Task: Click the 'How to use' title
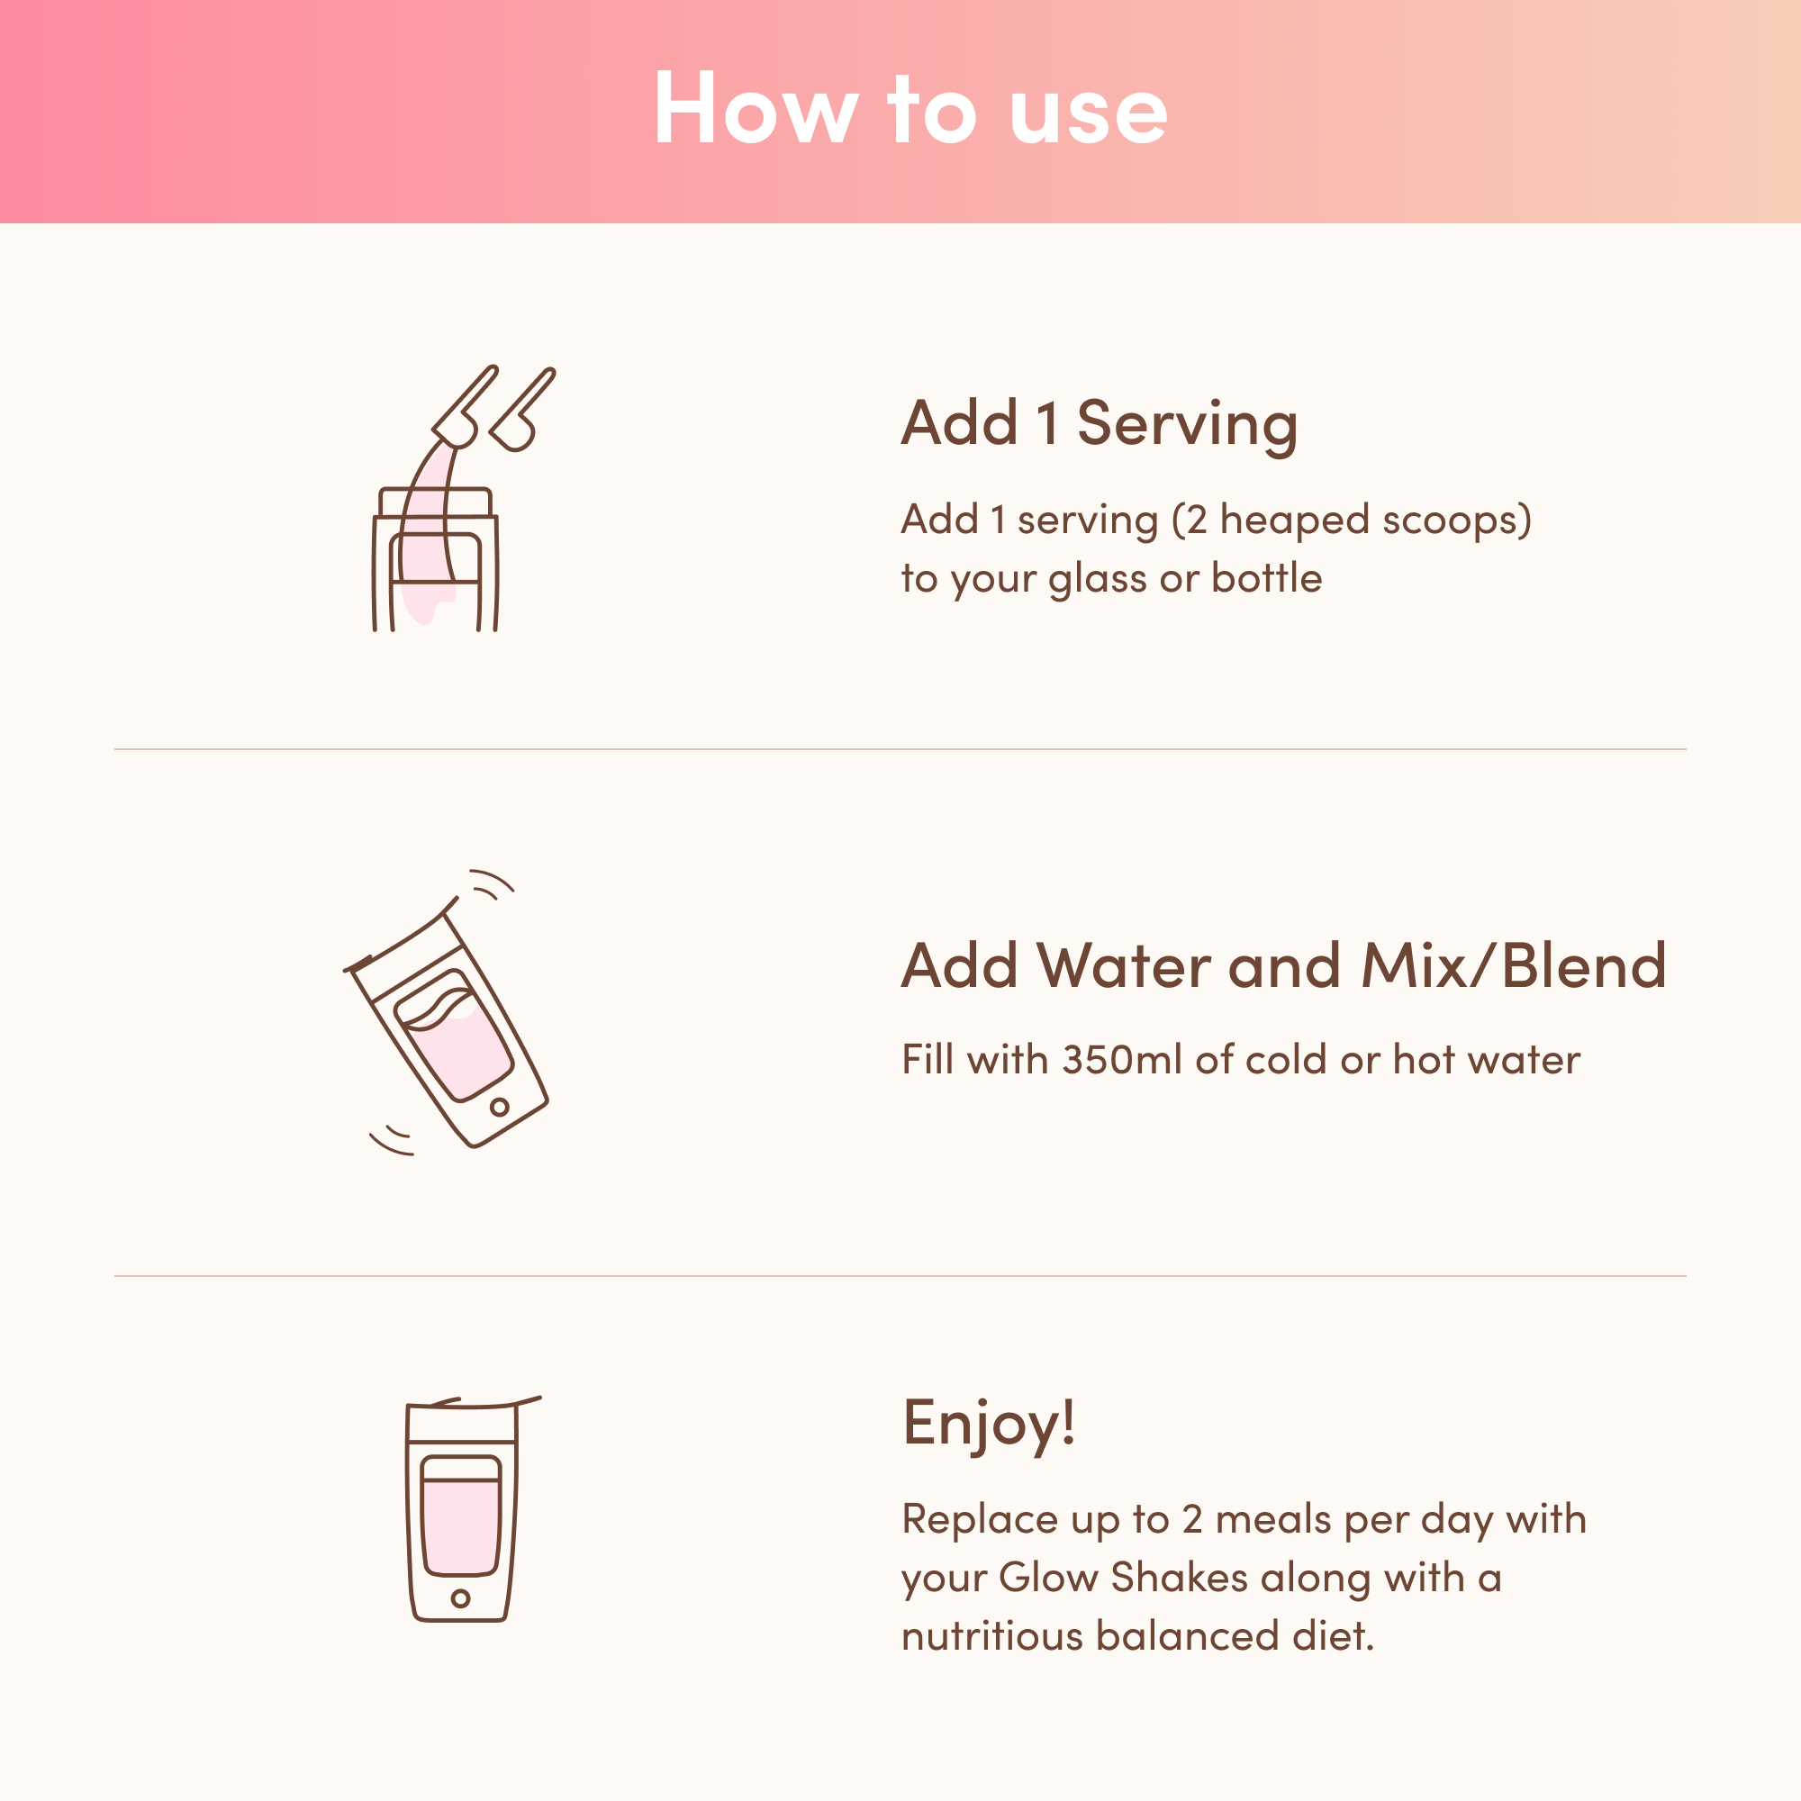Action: coord(910,110)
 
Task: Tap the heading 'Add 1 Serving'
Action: coord(1099,424)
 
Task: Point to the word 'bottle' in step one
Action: coord(1267,579)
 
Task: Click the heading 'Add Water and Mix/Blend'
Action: coord(1282,965)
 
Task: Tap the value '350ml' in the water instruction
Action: coord(1122,1060)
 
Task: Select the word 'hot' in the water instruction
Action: coord(1421,1060)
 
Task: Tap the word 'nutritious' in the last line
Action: coord(991,1637)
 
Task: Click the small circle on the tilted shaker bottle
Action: coord(500,1108)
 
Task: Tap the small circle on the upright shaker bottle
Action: coord(460,1598)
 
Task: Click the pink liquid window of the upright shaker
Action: coord(460,1526)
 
